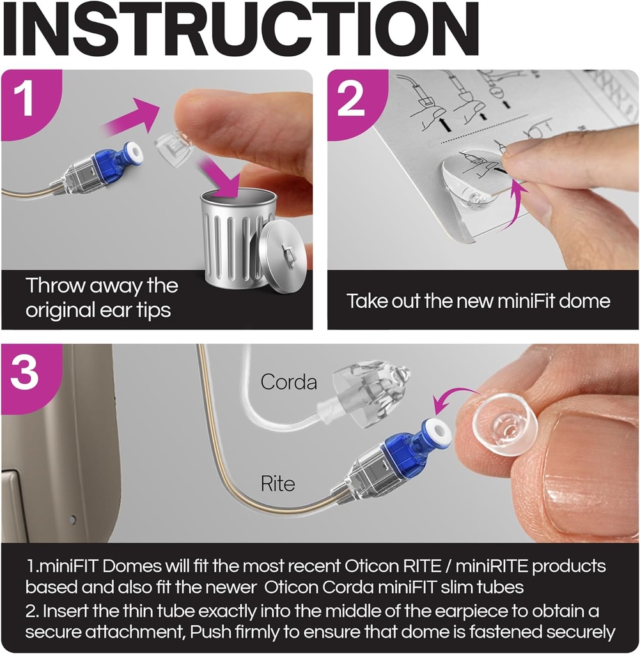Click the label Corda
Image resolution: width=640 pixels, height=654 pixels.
pos(288,382)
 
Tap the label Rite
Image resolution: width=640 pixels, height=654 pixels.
pos(277,483)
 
